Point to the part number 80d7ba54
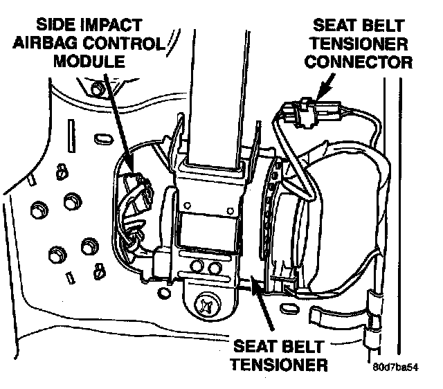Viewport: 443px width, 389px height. point(397,368)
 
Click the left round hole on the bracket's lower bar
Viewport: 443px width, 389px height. point(199,266)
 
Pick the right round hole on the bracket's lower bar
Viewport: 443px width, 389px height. point(215,266)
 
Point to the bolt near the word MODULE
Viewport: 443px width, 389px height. point(98,88)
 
